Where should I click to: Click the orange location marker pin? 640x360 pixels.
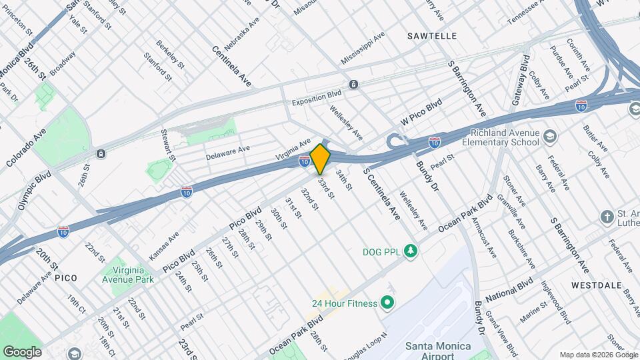click(321, 159)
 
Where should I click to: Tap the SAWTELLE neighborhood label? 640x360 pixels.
click(431, 35)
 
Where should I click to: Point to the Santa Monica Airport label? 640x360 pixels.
click(438, 351)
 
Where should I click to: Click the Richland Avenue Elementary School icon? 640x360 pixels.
click(550, 137)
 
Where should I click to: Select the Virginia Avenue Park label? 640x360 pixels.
click(127, 274)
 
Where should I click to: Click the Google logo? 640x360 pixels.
click(21, 351)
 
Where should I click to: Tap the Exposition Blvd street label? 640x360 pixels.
click(316, 103)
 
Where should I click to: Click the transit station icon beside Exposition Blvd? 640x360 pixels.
click(353, 84)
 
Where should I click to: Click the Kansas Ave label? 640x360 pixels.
click(164, 245)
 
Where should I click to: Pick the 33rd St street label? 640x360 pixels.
click(325, 186)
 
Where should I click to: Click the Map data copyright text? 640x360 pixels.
click(597, 354)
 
